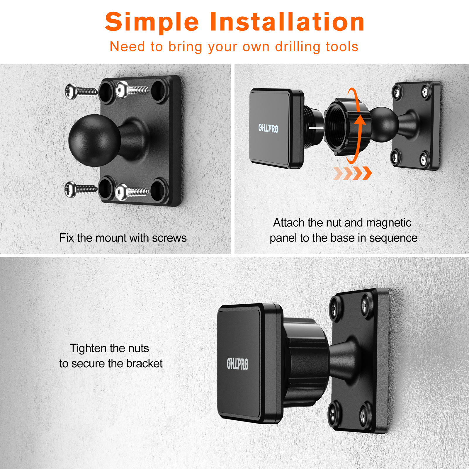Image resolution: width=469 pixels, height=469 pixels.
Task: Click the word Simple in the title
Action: point(152,22)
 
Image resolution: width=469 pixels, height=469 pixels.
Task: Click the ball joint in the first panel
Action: point(94,140)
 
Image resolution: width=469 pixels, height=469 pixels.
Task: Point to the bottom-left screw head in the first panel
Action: point(70,189)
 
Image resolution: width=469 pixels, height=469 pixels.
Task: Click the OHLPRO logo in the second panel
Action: point(268,128)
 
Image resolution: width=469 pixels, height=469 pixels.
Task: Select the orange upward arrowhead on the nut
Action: point(360,120)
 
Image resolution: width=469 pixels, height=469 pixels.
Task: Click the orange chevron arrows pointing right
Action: point(353,173)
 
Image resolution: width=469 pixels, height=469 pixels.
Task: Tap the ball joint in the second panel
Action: point(383,124)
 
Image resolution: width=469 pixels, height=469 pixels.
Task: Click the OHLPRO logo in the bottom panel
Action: point(237,364)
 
